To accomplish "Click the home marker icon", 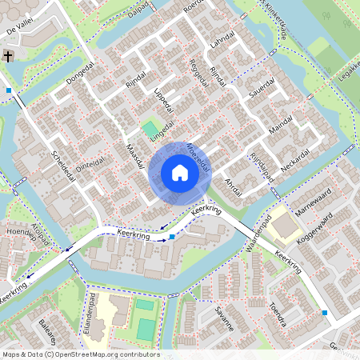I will pyautogui.click(x=179, y=173).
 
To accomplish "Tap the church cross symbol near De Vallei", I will pyautogui.click(x=8, y=56).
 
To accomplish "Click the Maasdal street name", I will pyautogui.click(x=134, y=157).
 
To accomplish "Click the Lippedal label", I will pyautogui.click(x=163, y=102).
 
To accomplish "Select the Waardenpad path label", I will pyautogui.click(x=253, y=238).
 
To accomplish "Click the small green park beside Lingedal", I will pyautogui.click(x=150, y=128).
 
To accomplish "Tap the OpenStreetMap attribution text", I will pyautogui.click(x=80, y=354).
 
